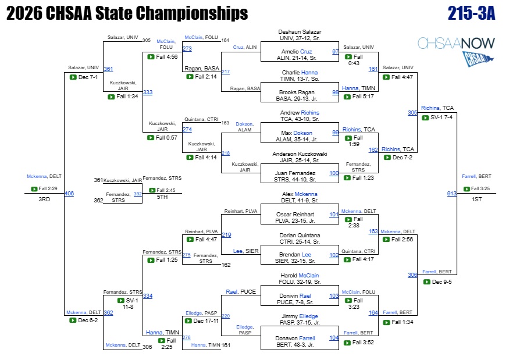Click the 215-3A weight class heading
pyautogui.click(x=472, y=13)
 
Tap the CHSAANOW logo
pyautogui.click(x=456, y=51)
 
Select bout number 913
pyautogui.click(x=451, y=194)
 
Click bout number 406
pyautogui.click(x=69, y=194)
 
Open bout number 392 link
pyautogui.click(x=138, y=194)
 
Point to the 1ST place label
pyautogui.click(x=477, y=199)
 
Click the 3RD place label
pyautogui.click(x=44, y=199)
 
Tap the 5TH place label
pyautogui.click(x=162, y=197)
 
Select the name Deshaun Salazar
pyautogui.click(x=300, y=32)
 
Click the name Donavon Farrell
pyautogui.click(x=295, y=338)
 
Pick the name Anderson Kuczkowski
pyautogui.click(x=300, y=154)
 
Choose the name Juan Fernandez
pyautogui.click(x=295, y=173)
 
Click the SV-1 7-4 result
pyautogui.click(x=441, y=117)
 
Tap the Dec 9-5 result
pyautogui.click(x=441, y=282)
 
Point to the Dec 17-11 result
pyautogui.click(x=206, y=320)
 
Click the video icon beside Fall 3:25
pyautogui.click(x=466, y=189)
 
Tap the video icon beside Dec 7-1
pyautogui.click(x=73, y=77)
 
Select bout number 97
pyautogui.click(x=336, y=52)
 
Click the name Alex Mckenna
pyautogui.click(x=300, y=194)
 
